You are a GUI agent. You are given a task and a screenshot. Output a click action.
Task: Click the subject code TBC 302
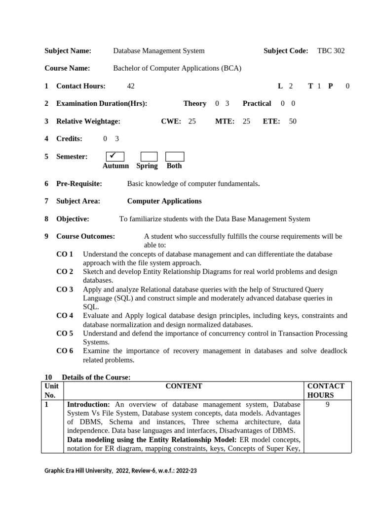(331, 51)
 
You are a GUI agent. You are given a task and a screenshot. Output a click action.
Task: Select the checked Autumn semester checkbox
(112, 157)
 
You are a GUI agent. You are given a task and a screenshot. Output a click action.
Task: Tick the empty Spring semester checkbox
(149, 157)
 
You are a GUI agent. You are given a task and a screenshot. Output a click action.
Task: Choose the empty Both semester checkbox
(175, 157)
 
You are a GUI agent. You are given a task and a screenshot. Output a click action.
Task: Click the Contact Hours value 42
(131, 86)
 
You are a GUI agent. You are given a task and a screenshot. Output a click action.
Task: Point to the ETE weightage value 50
(293, 121)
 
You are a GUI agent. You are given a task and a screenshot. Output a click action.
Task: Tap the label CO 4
(65, 316)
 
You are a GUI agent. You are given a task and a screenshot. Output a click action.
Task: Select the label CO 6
(65, 351)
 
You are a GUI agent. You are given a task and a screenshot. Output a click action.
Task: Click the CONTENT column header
(184, 386)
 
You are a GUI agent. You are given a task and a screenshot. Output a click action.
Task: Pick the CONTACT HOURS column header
(326, 390)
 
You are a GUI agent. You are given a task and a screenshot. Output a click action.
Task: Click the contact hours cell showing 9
(328, 404)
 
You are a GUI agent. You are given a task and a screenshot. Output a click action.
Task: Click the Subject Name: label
(68, 51)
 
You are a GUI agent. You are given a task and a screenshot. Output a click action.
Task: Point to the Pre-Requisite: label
(79, 184)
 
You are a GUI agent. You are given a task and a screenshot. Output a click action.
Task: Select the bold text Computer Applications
(164, 201)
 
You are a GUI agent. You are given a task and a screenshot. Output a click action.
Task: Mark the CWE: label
(171, 121)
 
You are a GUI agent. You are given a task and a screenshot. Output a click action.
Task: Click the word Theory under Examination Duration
(194, 103)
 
